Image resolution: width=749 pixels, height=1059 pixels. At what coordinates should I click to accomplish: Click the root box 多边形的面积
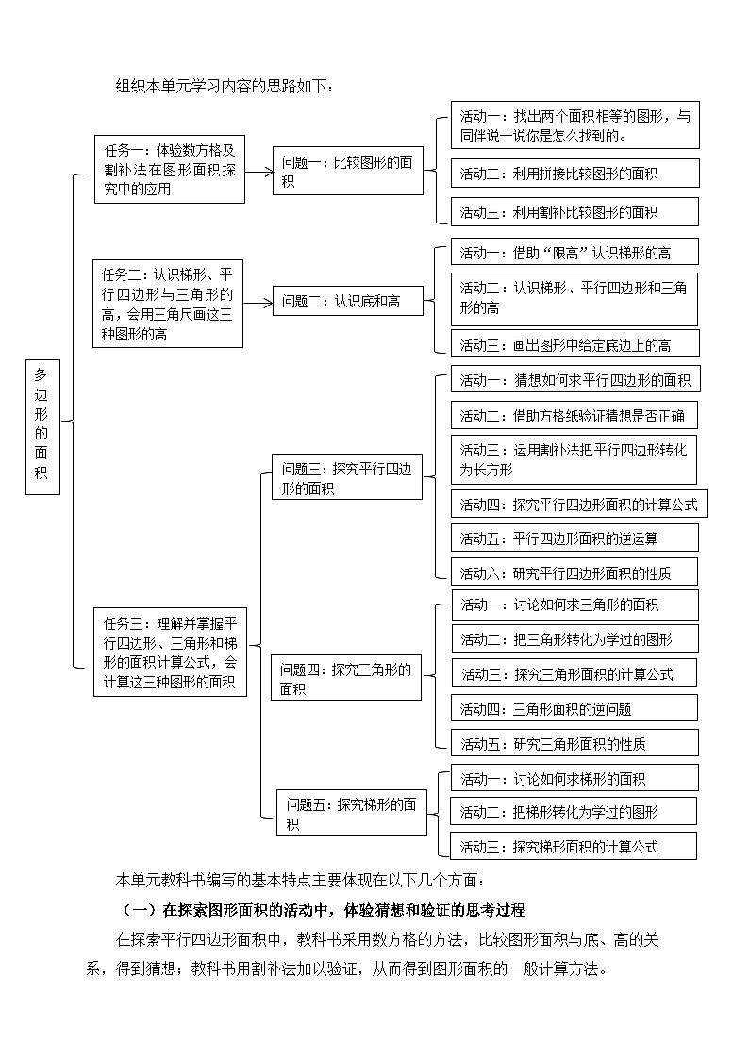click(42, 426)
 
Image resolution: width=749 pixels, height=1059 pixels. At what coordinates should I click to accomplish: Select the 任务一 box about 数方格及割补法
click(170, 169)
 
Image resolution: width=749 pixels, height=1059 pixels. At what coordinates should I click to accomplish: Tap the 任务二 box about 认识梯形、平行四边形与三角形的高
click(167, 303)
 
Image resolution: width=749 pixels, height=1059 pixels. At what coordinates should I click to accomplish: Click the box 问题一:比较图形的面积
click(347, 171)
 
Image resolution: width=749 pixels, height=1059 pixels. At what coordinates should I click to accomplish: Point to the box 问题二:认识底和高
click(347, 302)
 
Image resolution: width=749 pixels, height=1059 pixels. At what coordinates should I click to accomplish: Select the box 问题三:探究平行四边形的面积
click(347, 478)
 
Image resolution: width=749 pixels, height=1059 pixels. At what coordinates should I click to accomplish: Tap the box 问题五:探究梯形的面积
click(351, 814)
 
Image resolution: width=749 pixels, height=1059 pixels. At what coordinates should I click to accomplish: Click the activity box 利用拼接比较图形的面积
click(574, 174)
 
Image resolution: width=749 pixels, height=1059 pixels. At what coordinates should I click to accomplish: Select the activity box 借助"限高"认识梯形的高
click(574, 252)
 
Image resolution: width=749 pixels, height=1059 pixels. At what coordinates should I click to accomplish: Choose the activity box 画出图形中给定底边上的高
click(574, 344)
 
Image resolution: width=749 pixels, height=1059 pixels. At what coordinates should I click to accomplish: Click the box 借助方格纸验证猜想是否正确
click(574, 415)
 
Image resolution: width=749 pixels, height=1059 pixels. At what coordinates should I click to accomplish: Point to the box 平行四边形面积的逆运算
click(574, 538)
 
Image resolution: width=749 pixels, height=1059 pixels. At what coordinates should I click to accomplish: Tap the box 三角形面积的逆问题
click(574, 708)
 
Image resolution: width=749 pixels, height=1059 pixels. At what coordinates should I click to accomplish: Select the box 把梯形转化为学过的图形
click(574, 811)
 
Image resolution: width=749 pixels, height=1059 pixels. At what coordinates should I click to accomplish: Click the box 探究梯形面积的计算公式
click(574, 846)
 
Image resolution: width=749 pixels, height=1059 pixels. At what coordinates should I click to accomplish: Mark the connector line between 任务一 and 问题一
click(259, 171)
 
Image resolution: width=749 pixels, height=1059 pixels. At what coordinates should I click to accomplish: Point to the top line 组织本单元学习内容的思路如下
click(225, 87)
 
